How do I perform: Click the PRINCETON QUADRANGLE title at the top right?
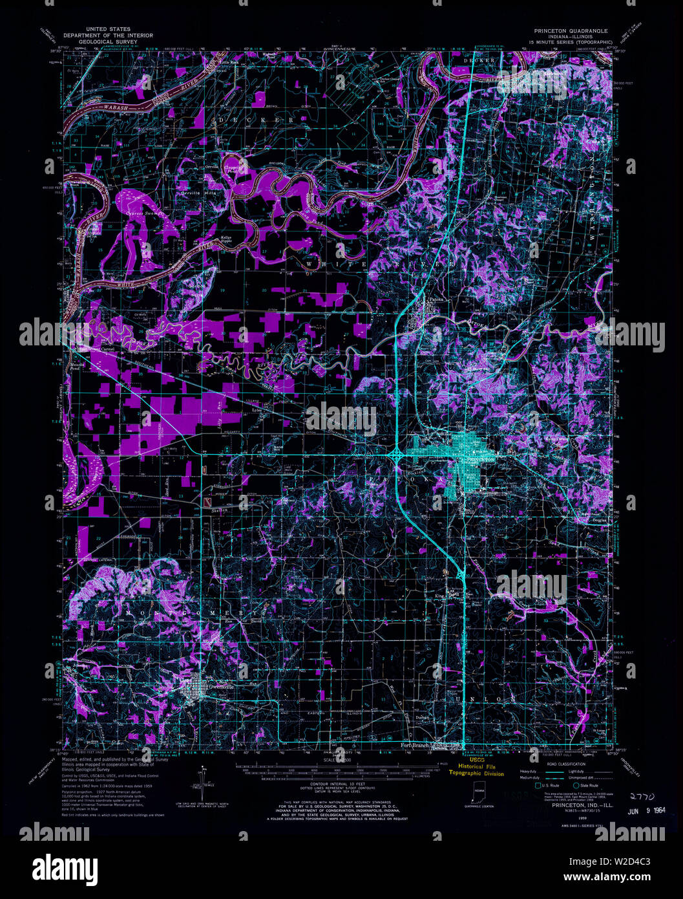(571, 30)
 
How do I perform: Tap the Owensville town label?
(220, 687)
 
